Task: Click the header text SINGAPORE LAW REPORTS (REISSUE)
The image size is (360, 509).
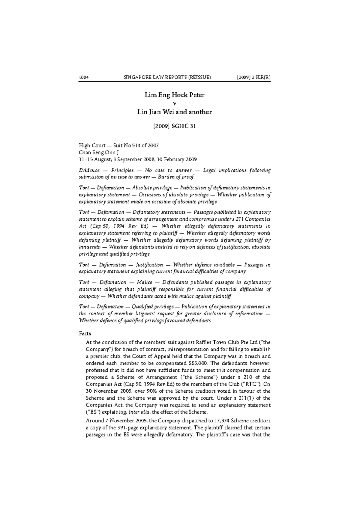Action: (167, 77)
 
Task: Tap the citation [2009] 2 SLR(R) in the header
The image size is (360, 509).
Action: (253, 77)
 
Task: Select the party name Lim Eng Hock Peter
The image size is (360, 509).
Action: (174, 95)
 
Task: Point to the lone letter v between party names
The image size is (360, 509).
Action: (175, 103)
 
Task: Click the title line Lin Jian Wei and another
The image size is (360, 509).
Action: (174, 112)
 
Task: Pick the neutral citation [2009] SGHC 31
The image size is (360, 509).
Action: (174, 126)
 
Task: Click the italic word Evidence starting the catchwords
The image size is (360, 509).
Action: (89, 170)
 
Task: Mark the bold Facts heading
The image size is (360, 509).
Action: (85, 333)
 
